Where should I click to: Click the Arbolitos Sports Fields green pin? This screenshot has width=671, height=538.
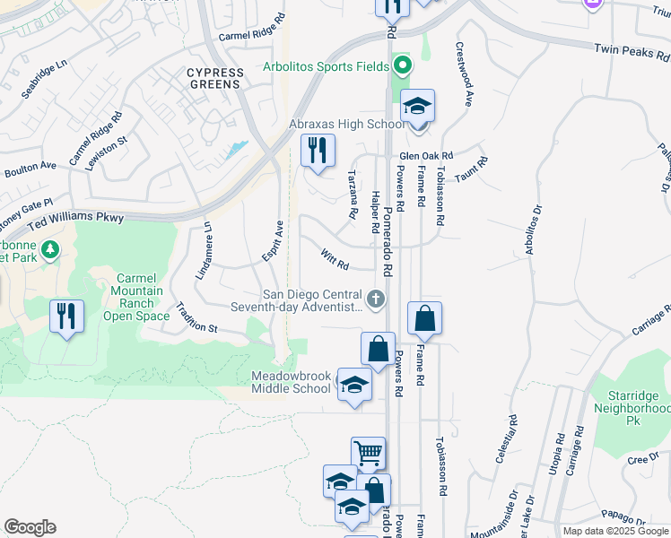[x=403, y=65]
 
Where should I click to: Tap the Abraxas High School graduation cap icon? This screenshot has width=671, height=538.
[x=417, y=107]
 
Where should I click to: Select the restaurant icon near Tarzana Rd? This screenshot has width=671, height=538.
[x=317, y=151]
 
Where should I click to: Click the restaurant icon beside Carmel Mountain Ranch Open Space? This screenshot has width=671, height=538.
[x=67, y=317]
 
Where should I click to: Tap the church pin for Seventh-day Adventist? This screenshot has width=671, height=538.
[x=376, y=299]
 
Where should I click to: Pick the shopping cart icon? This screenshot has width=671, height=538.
[x=367, y=454]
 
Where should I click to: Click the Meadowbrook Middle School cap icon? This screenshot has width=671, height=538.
[x=355, y=385]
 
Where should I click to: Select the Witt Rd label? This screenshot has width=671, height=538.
[x=334, y=258]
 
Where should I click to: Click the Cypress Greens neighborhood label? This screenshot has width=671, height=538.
[x=213, y=78]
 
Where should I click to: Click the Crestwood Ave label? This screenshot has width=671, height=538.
[x=464, y=74]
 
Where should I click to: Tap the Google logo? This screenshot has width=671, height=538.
[x=30, y=527]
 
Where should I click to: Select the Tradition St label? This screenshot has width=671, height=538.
[x=196, y=317]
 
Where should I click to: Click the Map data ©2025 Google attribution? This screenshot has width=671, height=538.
[x=614, y=531]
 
